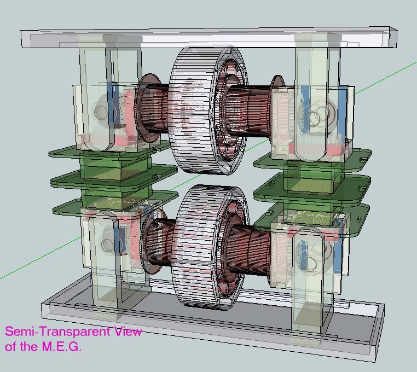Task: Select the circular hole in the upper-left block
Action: point(101,113)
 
